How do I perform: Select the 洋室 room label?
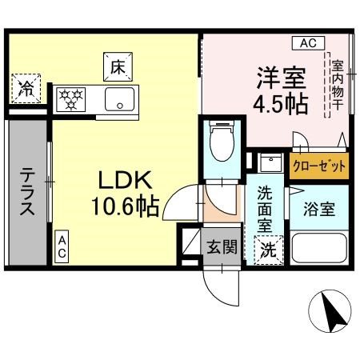(x=279, y=78)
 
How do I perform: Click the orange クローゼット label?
(x=319, y=166)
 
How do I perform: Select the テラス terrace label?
(x=27, y=192)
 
